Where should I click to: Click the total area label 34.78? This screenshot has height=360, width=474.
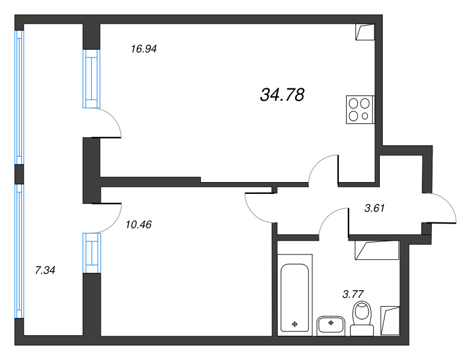282,95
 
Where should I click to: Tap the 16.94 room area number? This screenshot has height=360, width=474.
143,49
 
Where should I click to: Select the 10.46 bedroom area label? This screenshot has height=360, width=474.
139,224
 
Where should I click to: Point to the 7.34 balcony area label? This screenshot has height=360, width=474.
45,270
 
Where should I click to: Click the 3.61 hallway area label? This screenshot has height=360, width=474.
374,208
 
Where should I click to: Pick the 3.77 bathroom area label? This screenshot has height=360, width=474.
353,294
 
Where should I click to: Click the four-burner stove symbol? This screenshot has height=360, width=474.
360,110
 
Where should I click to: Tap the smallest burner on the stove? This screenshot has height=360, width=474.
365,116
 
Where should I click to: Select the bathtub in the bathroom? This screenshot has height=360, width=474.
294,298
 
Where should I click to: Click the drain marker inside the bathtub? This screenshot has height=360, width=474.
294,324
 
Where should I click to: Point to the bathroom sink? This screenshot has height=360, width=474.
331,326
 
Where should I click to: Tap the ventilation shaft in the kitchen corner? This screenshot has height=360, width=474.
365,32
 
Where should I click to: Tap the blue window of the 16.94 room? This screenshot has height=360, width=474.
91,79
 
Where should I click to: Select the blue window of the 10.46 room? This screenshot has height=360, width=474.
92,253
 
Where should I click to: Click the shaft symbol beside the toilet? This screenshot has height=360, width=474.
390,321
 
